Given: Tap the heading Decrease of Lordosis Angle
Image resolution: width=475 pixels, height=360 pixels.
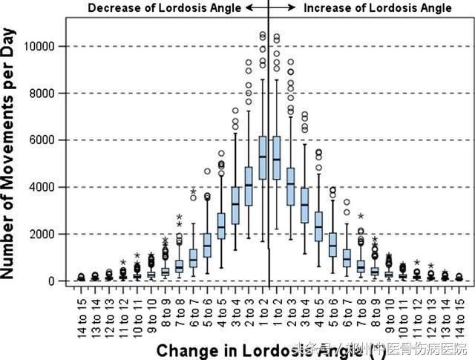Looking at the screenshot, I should point(165,8).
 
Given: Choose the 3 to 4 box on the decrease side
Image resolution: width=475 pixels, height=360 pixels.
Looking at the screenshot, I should point(235,203).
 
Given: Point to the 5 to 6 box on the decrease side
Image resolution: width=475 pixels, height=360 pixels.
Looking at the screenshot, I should point(207,244).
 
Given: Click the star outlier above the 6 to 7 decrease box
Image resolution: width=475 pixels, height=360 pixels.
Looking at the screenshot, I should point(193,192).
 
